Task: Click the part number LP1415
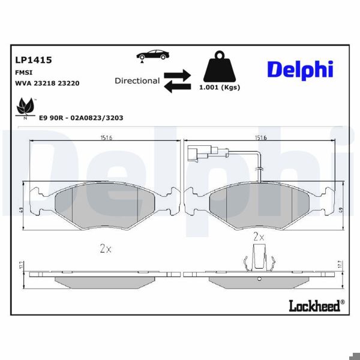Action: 33,60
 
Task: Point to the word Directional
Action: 137,81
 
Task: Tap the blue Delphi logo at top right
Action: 299,70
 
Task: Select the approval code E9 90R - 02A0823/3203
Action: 80,118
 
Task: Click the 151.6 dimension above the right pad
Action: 260,137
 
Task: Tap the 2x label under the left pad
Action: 105,249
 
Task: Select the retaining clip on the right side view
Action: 259,260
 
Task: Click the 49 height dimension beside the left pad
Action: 20,209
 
